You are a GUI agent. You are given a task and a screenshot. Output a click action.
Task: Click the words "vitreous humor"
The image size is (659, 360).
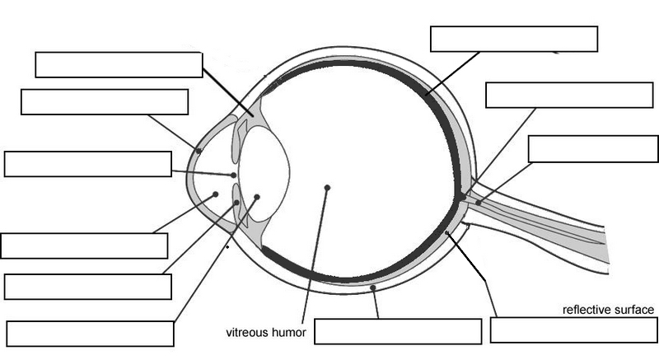coord(266,333)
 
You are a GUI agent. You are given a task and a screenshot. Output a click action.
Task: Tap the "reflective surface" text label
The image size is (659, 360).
coord(608,310)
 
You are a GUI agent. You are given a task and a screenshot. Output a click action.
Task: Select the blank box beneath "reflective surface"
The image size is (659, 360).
coord(573,330)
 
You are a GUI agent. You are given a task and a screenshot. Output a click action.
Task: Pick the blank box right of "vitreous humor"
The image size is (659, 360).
coord(398,331)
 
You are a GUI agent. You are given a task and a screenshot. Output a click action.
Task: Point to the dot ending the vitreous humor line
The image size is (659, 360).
coord(327,188)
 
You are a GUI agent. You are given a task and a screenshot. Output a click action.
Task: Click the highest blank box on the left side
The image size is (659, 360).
coord(119,65)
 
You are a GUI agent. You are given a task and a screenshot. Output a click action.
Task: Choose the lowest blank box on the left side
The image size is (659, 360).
coord(90,334)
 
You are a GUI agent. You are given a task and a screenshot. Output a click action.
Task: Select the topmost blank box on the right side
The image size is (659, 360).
coord(514,39)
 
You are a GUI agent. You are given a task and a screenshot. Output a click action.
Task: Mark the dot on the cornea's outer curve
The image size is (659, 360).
coord(199,151)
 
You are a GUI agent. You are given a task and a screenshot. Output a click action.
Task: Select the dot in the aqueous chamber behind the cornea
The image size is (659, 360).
coord(216,194)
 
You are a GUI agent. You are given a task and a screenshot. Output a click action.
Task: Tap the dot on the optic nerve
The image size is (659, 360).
coord(478,202)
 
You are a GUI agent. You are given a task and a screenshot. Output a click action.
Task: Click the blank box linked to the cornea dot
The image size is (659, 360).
coord(105,102)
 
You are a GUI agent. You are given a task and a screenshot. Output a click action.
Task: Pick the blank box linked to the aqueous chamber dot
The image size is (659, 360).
coord(84,245)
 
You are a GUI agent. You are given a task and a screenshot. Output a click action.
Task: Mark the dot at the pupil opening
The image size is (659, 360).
coord(235,175)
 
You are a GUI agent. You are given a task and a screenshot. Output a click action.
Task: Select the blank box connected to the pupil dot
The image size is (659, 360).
coord(88,163)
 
